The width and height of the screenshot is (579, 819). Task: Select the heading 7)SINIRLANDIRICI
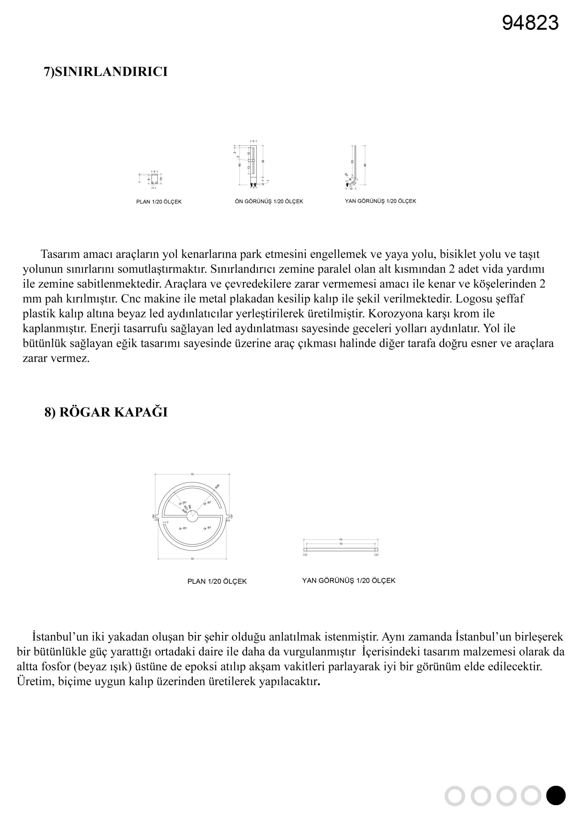(106, 72)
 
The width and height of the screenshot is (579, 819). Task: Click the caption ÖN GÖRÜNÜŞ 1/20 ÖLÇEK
(269, 202)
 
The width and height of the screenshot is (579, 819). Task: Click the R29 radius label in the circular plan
(185, 511)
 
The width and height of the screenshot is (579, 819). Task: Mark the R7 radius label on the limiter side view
(346, 175)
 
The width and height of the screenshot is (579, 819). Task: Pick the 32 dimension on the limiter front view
(263, 161)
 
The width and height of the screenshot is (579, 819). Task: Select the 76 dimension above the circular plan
(192, 474)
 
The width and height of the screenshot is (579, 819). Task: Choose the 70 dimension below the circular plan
(192, 559)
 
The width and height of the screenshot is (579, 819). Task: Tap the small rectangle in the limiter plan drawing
(155, 179)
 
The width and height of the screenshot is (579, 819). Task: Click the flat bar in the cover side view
(341, 550)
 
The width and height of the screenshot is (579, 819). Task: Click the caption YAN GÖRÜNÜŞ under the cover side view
(349, 581)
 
